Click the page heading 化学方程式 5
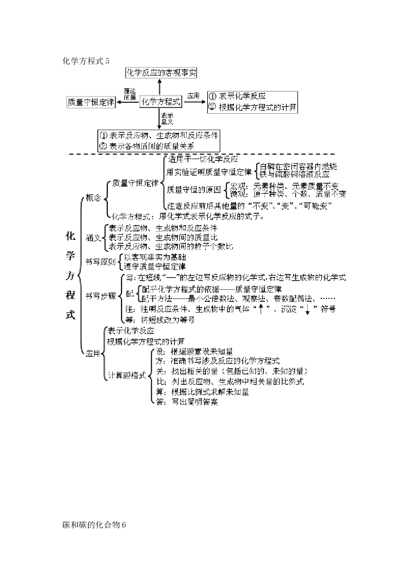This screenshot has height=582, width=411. pos(86,61)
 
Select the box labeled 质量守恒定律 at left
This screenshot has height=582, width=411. pos(91,102)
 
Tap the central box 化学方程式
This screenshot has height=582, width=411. pos(161,101)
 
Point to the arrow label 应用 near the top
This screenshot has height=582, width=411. pos(194,96)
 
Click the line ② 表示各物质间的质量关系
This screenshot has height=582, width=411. pos(150,145)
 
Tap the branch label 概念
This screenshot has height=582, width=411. pos(93,198)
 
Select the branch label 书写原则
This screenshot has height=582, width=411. pos(100,261)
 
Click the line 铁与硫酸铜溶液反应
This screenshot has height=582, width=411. pos(297,174)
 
